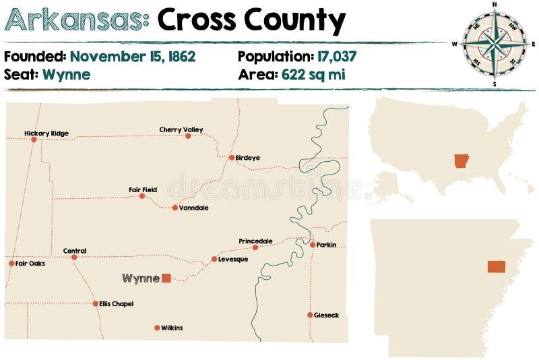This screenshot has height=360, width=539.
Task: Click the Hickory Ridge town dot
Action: tap(34, 140)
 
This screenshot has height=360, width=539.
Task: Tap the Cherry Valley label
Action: tap(181, 129)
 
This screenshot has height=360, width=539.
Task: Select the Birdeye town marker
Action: tap(232, 158)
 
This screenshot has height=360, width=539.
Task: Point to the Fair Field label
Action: tap(143, 189)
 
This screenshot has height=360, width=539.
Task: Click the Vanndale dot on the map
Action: tap(175, 208)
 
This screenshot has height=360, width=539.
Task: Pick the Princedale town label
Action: tap(255, 241)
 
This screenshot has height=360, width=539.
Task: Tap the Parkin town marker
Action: tap(313, 245)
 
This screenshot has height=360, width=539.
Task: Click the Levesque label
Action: tap(233, 259)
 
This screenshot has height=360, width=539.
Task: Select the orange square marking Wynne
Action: tap(166, 278)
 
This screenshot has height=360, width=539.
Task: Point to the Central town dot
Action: tap(74, 257)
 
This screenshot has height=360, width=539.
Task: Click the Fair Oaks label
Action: tap(30, 264)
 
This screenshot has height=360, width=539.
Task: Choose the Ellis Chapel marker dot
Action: tap(96, 303)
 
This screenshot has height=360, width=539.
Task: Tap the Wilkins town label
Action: tap(172, 328)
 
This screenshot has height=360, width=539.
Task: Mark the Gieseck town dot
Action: tap(310, 315)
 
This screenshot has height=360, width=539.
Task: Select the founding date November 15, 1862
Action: tap(132, 57)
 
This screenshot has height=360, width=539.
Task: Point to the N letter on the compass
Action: tap(495, 5)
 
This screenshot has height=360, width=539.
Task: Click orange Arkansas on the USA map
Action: tap(462, 161)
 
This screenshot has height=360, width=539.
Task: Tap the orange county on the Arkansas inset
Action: tap(497, 266)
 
